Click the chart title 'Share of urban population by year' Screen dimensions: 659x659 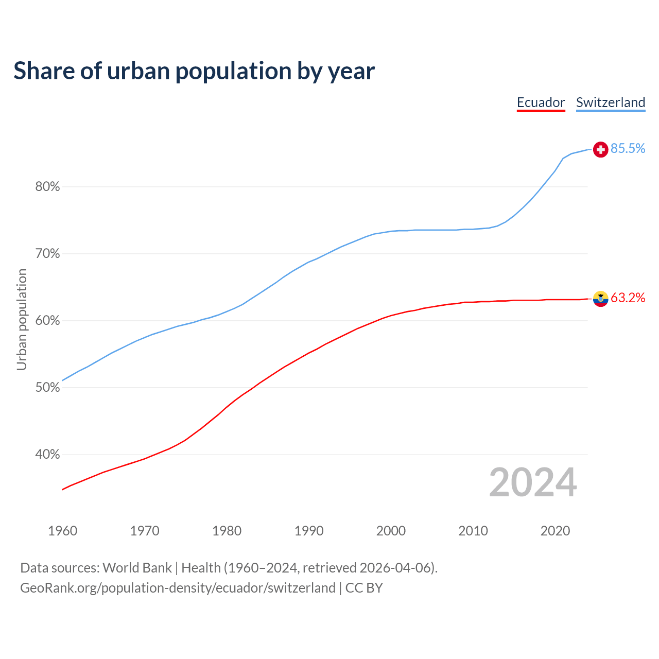tap(194, 71)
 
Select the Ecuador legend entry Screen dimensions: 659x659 tap(541, 102)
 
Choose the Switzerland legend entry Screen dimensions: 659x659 tap(610, 102)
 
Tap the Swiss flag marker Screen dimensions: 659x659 tap(600, 149)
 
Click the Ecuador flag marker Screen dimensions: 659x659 tap(600, 299)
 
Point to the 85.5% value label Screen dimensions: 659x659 tap(628, 149)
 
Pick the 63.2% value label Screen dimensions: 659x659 tap(628, 298)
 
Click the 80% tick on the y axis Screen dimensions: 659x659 tap(47, 187)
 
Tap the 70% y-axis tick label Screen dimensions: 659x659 tap(47, 254)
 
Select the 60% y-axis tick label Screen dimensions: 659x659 tap(47, 321)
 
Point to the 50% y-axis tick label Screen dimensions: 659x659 tap(47, 388)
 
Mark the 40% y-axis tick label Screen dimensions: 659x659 tap(47, 455)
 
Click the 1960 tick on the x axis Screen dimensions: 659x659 tap(63, 531)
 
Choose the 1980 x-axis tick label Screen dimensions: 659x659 tap(227, 531)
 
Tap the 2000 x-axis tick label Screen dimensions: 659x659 tap(391, 531)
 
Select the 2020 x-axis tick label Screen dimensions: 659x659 tap(555, 531)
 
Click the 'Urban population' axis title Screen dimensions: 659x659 tap(22, 320)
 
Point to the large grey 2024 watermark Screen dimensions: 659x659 tap(533, 483)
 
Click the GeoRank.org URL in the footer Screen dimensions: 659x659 tap(178, 588)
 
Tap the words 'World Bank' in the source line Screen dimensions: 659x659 tap(137, 568)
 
